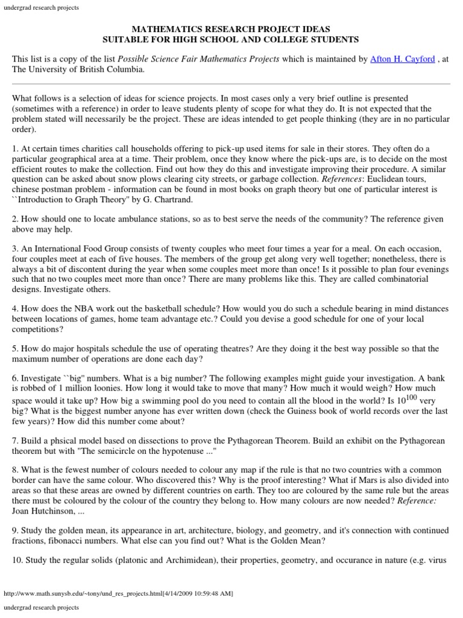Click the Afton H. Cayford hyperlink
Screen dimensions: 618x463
[402, 59]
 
